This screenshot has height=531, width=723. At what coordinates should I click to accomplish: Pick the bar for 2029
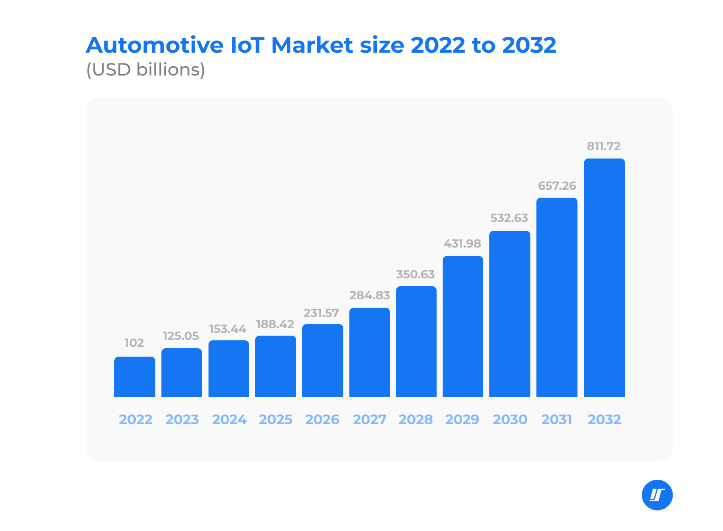point(463,326)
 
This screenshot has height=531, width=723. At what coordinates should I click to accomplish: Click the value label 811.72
point(604,146)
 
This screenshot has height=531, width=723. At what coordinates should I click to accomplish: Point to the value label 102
point(134,343)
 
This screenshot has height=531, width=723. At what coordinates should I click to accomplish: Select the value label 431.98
point(462,244)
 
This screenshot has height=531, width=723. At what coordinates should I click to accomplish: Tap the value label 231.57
point(321,313)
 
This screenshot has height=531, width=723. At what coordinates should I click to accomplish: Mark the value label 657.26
point(557,186)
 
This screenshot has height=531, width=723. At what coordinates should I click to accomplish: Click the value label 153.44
point(228,329)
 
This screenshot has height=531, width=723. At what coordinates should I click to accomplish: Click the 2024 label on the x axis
point(229,420)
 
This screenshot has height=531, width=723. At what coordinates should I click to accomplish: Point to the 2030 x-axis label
point(510,420)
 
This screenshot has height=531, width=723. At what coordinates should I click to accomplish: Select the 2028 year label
point(416,420)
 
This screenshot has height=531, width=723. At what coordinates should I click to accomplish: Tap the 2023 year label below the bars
point(182,420)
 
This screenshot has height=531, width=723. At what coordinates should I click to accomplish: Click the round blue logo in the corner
point(657,495)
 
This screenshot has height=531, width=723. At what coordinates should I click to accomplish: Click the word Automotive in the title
point(154,46)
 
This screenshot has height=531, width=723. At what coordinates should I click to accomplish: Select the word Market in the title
point(312,46)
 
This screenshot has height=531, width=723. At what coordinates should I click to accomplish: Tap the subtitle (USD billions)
point(146,70)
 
